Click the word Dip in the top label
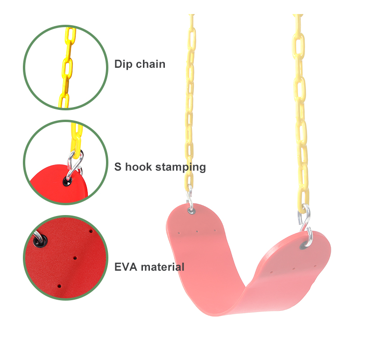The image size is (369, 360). pos(123,64)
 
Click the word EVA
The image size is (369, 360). pos(126,267)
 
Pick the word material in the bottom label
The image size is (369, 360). pos(163,267)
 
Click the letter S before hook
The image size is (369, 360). pos(118,166)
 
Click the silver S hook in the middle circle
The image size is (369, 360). pos(74,166)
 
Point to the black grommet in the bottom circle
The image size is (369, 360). pos(38,240)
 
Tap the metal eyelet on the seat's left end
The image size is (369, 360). pos(192,210)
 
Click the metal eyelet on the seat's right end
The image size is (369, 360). pos(309,243)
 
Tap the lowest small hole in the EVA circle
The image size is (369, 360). pos(59,285)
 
